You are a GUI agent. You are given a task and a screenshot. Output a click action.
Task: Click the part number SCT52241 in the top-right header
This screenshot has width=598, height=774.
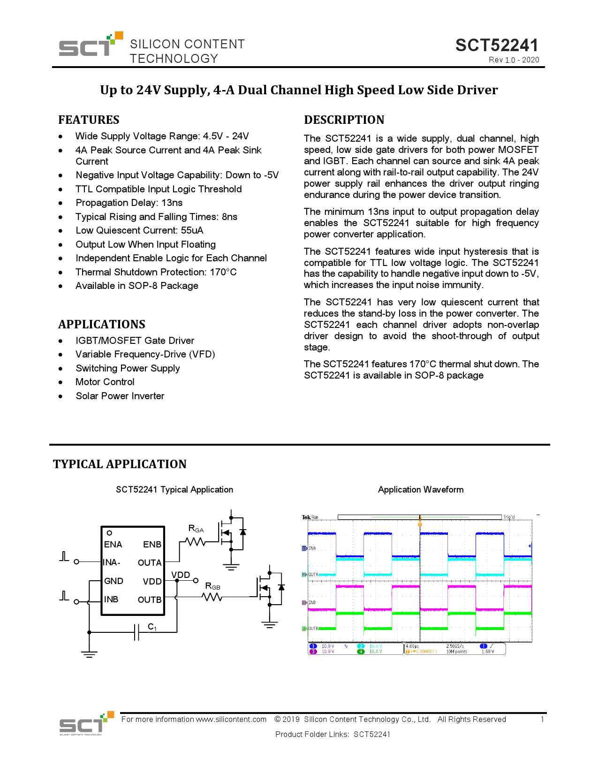click(x=497, y=46)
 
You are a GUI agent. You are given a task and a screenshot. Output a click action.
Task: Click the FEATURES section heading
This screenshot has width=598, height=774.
click(x=89, y=120)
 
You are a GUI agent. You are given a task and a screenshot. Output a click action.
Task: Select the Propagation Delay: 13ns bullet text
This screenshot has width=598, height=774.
click(x=129, y=203)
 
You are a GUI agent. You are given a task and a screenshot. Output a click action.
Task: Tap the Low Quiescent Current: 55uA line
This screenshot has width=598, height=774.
click(x=139, y=230)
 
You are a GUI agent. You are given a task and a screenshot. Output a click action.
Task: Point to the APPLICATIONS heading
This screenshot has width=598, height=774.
click(x=102, y=325)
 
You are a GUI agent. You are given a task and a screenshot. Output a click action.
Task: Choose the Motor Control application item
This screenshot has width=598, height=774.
click(x=105, y=382)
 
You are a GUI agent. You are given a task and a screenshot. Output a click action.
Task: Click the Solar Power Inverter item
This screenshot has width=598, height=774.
click(x=120, y=396)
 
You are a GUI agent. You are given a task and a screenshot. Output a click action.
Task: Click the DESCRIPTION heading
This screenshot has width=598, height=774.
click(x=344, y=120)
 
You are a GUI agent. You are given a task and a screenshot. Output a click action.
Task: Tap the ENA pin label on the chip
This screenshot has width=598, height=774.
click(x=113, y=545)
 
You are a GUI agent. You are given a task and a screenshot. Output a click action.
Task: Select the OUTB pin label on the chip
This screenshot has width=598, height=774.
click(x=150, y=600)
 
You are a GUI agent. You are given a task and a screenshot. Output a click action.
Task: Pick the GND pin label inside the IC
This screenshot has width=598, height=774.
click(x=114, y=581)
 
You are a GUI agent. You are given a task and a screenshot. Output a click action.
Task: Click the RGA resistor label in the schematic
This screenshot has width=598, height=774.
click(x=196, y=529)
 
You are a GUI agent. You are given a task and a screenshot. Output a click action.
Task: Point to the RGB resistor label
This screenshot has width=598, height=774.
click(x=212, y=586)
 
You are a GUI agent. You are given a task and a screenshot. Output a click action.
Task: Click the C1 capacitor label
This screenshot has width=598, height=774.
click(x=152, y=627)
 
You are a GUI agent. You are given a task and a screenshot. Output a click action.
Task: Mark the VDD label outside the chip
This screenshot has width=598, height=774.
click(x=181, y=575)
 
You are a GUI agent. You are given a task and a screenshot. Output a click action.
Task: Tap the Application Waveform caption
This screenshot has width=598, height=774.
click(x=421, y=490)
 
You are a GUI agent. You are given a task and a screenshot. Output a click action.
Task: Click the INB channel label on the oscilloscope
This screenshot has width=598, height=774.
click(x=312, y=602)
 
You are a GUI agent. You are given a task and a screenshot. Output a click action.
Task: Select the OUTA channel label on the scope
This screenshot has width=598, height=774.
click(x=313, y=575)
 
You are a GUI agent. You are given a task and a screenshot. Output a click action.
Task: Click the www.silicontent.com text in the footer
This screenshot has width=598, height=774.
click(x=231, y=720)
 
